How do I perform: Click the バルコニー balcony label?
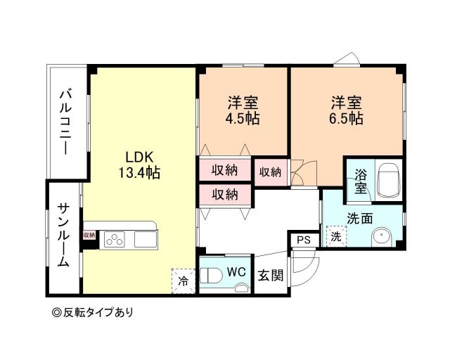[65, 122]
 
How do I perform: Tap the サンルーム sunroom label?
[63, 235]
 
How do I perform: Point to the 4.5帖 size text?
[242, 118]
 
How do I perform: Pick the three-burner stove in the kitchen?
[114, 240]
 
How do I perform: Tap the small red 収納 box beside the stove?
[89, 236]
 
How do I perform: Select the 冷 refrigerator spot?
[183, 281]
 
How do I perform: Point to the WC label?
[236, 271]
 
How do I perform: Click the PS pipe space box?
[303, 240]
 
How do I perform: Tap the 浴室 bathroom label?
[359, 181]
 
